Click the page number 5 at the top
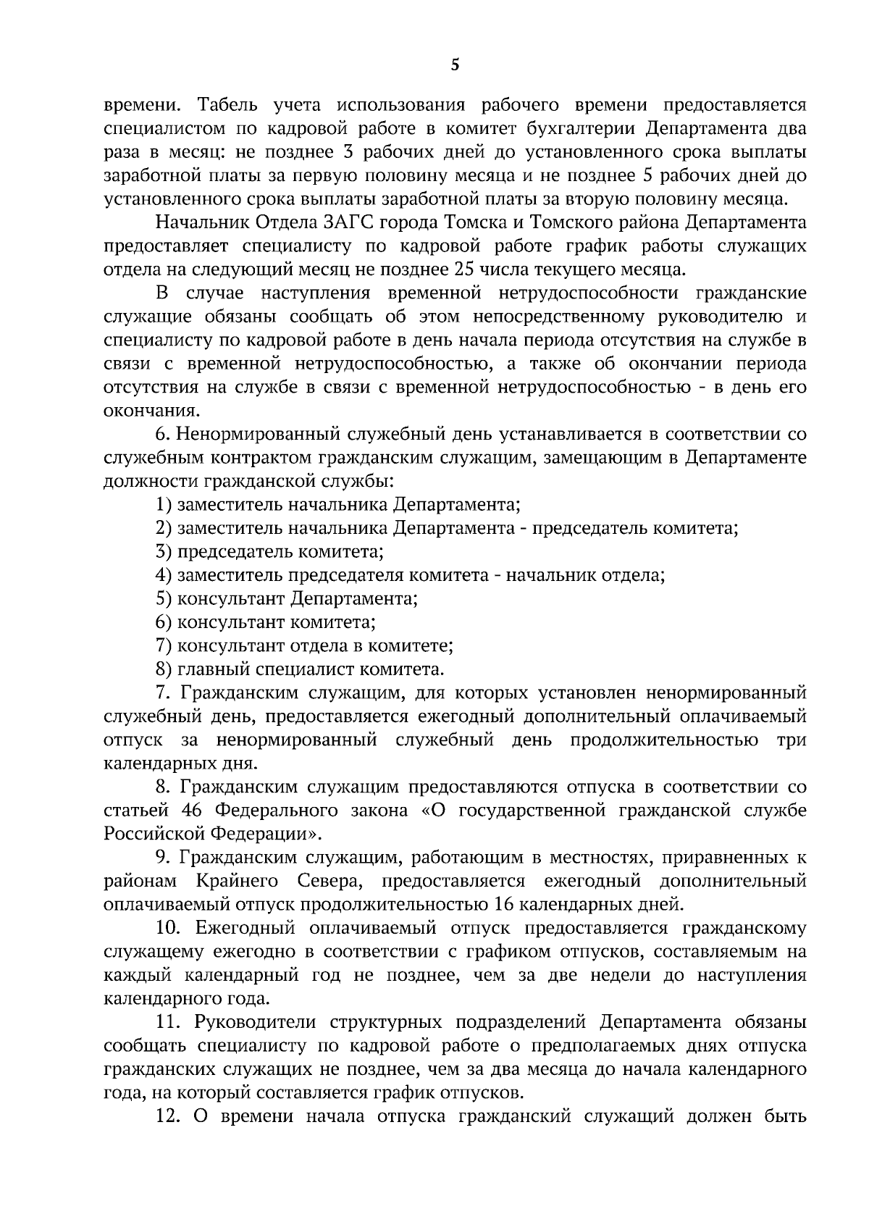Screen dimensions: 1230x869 [x=455, y=65]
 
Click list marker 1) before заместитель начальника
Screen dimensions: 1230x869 [x=164, y=506]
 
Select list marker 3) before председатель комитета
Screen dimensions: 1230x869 [x=164, y=553]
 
